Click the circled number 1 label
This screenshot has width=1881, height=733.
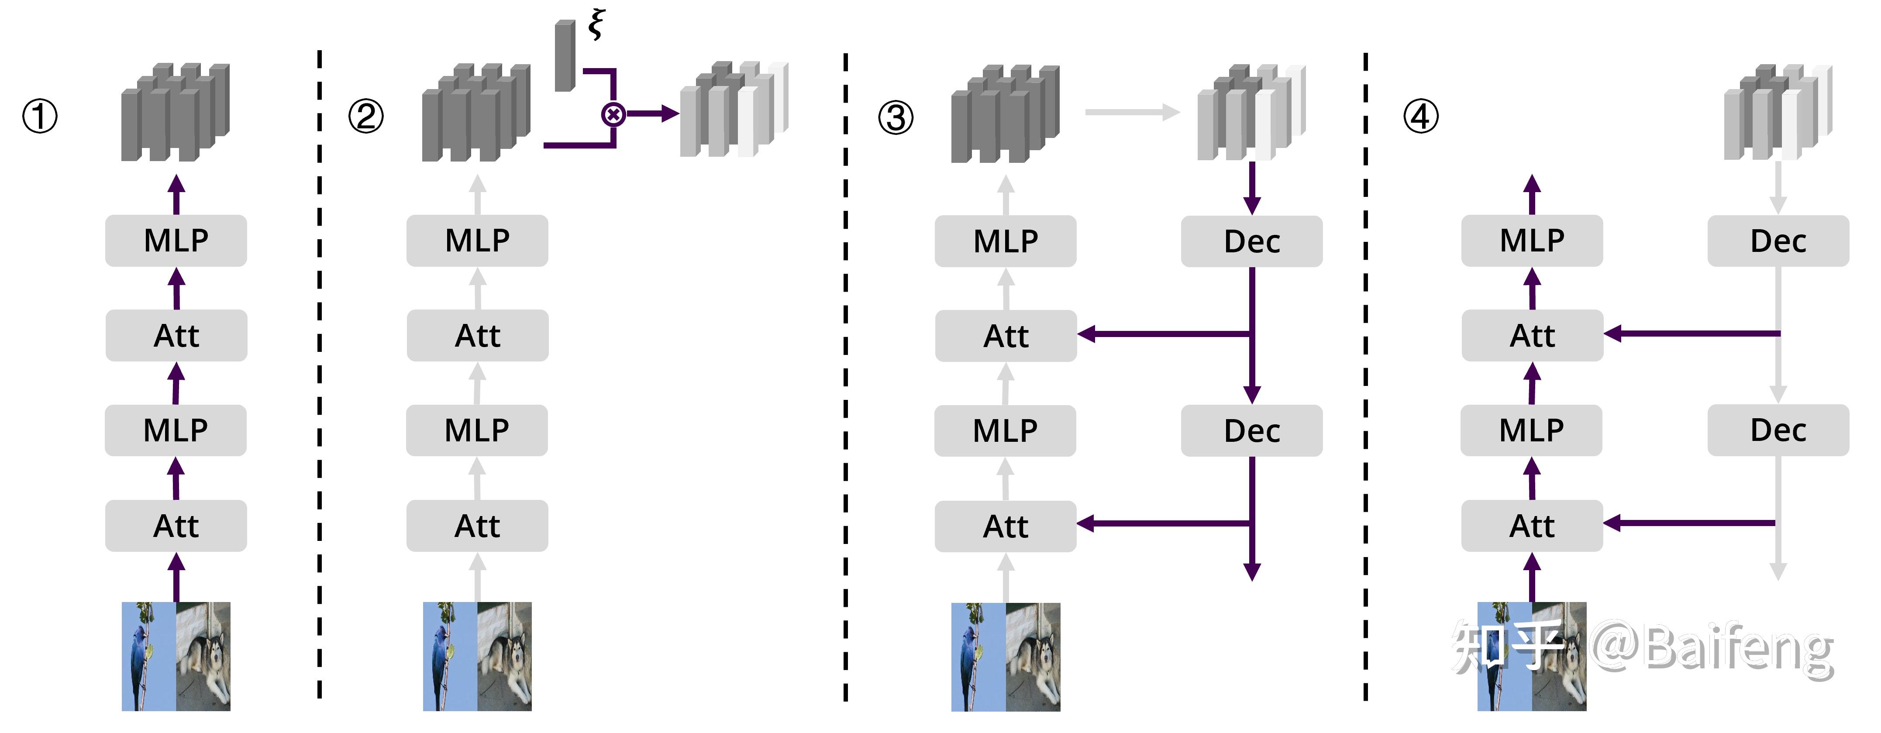tap(39, 117)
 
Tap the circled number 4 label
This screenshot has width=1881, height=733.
tap(1421, 117)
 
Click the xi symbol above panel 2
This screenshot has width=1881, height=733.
tap(596, 24)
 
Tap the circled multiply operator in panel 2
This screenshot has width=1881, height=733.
tap(613, 114)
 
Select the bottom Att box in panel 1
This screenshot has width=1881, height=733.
tap(176, 526)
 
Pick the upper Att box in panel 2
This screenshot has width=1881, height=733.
tap(478, 336)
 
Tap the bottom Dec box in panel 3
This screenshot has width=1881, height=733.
tap(1251, 431)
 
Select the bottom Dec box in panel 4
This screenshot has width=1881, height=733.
tap(1778, 431)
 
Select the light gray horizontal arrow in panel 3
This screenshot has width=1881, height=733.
tap(1132, 112)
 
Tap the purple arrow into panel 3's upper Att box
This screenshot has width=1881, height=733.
tap(1161, 334)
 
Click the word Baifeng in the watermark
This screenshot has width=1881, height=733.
tap(1738, 650)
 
